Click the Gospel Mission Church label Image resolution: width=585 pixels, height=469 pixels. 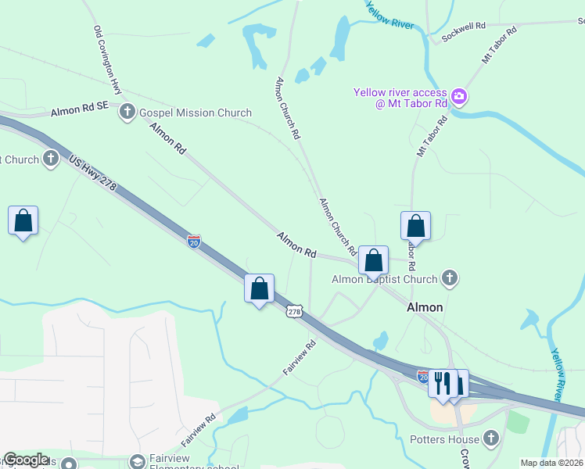coord(195,113)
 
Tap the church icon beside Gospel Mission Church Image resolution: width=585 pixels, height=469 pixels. coord(127,113)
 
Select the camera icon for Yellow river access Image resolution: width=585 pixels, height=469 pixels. coord(459,98)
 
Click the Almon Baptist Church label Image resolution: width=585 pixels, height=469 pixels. coord(384,279)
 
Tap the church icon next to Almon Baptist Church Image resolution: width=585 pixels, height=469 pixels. coord(449,277)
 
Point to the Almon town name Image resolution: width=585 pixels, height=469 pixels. coord(425,307)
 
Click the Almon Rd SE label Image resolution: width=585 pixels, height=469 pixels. coord(79,112)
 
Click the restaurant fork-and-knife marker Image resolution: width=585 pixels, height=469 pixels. coord(443,383)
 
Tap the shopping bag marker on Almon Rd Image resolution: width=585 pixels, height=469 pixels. coord(374,260)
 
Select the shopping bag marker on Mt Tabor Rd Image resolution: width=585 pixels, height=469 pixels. coord(416,226)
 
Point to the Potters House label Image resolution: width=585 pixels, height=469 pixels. coord(443,439)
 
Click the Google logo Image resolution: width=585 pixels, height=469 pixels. coord(26,460)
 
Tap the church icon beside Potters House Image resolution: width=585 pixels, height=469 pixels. coord(491,438)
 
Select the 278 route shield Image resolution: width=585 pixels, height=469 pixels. coord(294,311)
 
